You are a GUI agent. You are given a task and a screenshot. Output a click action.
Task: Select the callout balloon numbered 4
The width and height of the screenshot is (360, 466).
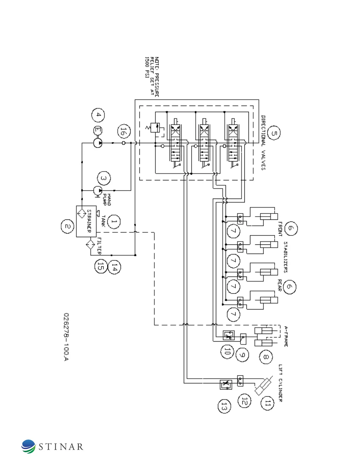click(98, 115)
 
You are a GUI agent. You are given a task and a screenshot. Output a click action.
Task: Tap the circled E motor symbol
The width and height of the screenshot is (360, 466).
click(98, 131)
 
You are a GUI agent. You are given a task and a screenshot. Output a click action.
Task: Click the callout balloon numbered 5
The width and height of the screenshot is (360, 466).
click(274, 133)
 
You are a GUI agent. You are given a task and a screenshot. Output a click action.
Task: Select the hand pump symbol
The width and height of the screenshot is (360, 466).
click(97, 190)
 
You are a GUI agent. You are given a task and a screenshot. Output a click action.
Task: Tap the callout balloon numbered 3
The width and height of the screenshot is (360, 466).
click(104, 178)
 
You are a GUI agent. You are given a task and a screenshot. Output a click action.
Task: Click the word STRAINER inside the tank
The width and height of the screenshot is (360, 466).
click(89, 221)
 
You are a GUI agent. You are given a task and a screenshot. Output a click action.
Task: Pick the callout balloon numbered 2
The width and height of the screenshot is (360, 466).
click(68, 227)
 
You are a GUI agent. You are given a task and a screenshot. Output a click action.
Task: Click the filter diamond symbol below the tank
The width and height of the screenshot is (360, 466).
click(90, 244)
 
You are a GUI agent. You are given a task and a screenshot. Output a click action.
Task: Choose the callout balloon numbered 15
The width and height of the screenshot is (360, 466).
click(100, 267)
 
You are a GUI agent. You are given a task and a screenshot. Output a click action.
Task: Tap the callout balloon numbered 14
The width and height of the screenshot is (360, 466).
click(114, 267)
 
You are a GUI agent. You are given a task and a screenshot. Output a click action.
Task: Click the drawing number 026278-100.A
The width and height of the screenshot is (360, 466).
click(66, 337)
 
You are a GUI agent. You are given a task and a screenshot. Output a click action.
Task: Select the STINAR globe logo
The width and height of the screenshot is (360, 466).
click(28, 446)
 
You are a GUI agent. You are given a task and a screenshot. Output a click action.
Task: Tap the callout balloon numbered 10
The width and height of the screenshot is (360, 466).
click(227, 351)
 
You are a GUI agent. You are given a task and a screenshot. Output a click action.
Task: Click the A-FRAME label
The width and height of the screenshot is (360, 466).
click(286, 336)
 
